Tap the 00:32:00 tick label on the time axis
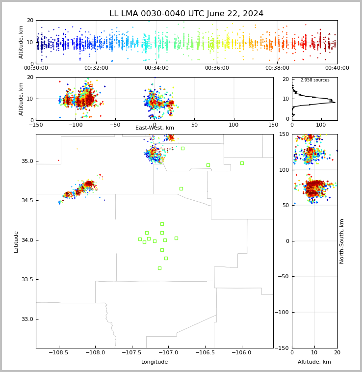pyautogui.click(x=96, y=68)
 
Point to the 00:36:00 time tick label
pyautogui.click(x=217, y=68)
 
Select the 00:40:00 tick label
pyautogui.click(x=337, y=68)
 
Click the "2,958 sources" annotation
pyautogui.click(x=315, y=80)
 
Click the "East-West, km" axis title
pyautogui.click(x=155, y=128)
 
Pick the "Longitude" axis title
pyautogui.click(x=155, y=362)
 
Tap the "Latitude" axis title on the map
pyautogui.click(x=16, y=241)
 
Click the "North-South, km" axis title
pyautogui.click(x=342, y=241)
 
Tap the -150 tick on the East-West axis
pyautogui.click(x=36, y=125)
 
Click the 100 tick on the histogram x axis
pyautogui.click(x=321, y=125)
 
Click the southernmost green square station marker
pyautogui.click(x=159, y=268)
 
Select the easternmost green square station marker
pyautogui.click(x=242, y=163)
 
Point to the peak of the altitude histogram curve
pyautogui.click(x=335, y=102)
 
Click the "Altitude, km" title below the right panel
pyautogui.click(x=314, y=362)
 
